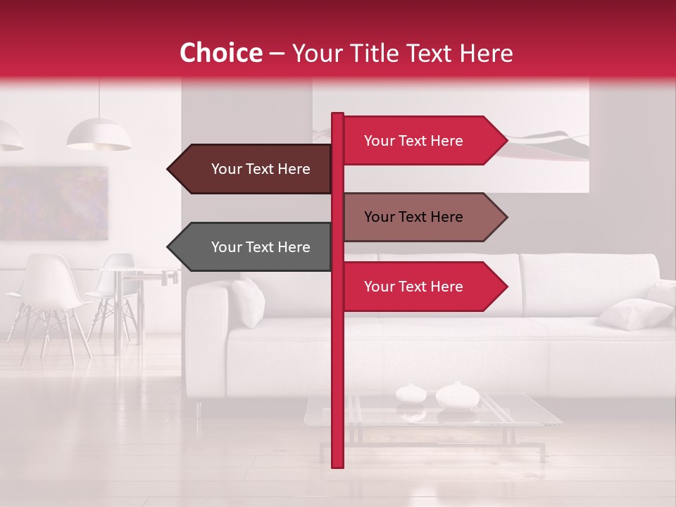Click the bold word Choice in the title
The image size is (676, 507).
click(x=221, y=54)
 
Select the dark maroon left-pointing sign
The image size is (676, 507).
click(x=261, y=169)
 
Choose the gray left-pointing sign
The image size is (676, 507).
click(x=261, y=247)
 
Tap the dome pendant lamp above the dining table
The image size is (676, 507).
click(x=99, y=135)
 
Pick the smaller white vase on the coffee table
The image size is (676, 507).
click(x=410, y=393)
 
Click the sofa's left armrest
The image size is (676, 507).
click(x=206, y=338)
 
